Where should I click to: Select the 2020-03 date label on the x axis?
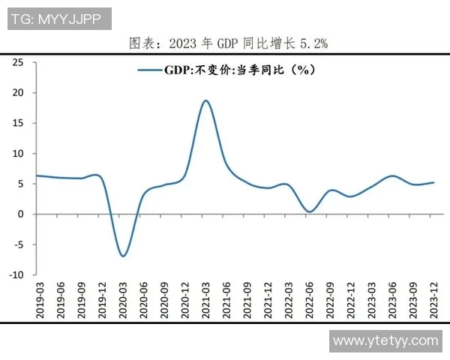[x=123, y=299]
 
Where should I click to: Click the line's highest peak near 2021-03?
[x=205, y=100]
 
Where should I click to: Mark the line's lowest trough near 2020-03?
[x=123, y=256]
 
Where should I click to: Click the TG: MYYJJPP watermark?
[x=58, y=18]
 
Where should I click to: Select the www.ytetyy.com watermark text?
[x=385, y=340]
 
